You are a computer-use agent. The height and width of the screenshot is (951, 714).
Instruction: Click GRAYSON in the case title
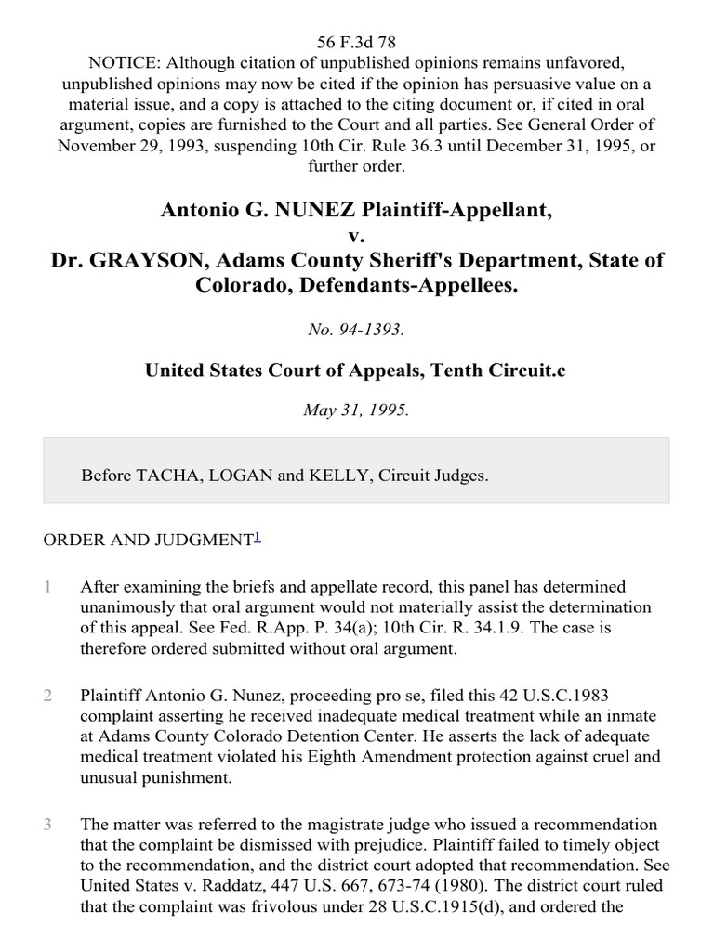[147, 259]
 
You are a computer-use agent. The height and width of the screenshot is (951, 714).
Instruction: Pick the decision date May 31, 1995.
[356, 410]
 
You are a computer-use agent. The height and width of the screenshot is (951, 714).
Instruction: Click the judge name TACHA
[164, 475]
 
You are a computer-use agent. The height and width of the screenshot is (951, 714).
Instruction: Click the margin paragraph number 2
[46, 694]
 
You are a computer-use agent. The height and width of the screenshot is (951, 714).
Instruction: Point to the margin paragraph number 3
[46, 825]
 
